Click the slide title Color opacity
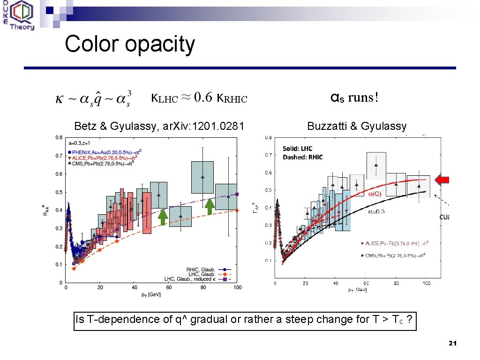(x=130, y=45)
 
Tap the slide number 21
(x=452, y=344)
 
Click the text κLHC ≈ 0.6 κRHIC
(x=199, y=98)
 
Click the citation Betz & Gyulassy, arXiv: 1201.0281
(x=159, y=126)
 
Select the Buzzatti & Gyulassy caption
(x=357, y=126)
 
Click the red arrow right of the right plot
(x=442, y=180)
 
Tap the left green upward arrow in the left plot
(x=163, y=216)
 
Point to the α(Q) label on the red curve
(x=374, y=194)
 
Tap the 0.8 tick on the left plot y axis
(x=59, y=138)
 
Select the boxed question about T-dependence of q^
(x=245, y=320)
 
